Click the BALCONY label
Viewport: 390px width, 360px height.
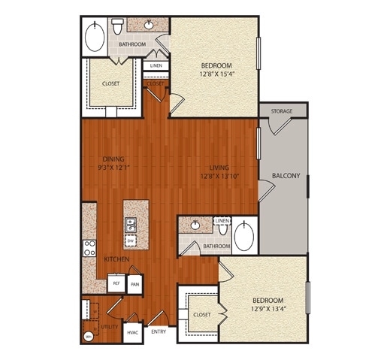282,177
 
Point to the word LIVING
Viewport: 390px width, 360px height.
219,168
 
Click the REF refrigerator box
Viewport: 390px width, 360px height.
116,284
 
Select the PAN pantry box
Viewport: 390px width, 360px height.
135,284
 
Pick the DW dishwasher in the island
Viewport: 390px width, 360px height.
131,241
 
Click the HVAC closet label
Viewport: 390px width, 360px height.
132,331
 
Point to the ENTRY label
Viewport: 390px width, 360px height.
159,331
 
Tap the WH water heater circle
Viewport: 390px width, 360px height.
88,336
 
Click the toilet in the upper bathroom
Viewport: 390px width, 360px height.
118,27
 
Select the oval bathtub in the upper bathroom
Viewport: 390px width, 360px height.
95,37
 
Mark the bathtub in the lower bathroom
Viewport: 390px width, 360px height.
245,236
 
